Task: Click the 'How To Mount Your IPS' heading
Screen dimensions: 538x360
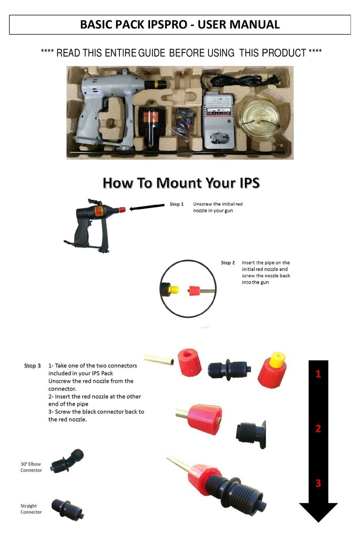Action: (181, 183)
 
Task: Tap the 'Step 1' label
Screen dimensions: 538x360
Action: (176, 204)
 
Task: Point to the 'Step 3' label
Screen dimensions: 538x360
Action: (32, 366)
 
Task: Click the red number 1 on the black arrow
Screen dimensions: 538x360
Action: (318, 375)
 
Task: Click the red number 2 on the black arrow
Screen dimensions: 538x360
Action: (318, 429)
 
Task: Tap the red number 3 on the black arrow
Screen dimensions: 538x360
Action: (318, 483)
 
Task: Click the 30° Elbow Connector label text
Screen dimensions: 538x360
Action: (31, 467)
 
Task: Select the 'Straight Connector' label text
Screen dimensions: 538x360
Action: (31, 509)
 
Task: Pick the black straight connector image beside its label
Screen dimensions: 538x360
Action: (67, 508)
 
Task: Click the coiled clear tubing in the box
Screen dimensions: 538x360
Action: (258, 117)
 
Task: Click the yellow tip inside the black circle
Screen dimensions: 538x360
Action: (175, 290)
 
